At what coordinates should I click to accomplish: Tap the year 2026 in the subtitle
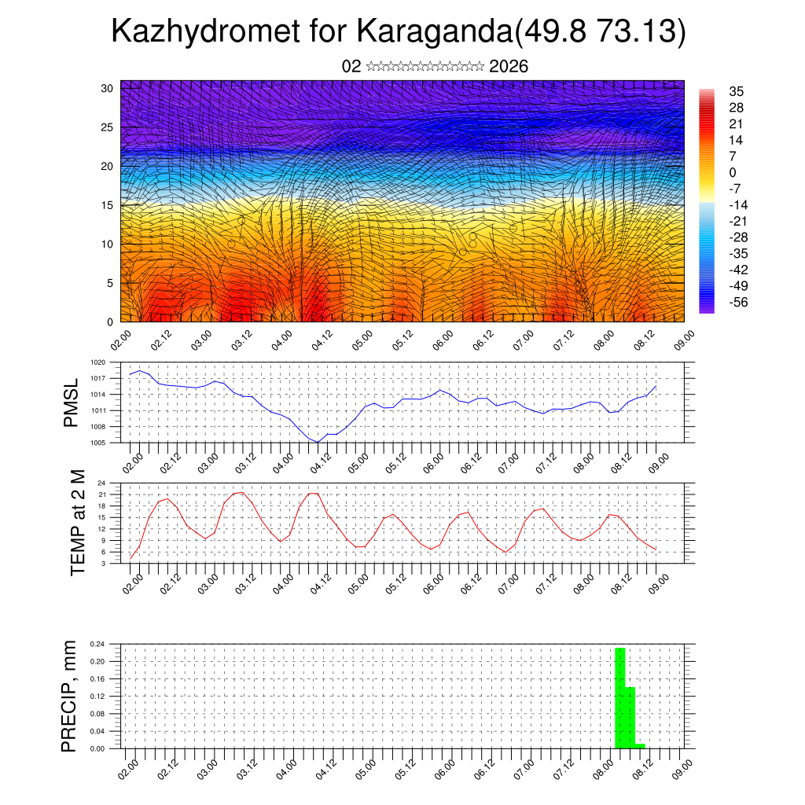509,66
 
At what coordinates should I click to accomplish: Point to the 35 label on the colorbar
737,92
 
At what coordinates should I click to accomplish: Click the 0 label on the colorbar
733,172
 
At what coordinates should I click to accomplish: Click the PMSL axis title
72,402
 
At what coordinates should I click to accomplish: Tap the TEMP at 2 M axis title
78,522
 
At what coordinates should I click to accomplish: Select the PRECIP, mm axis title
71,697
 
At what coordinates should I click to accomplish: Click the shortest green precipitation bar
640,745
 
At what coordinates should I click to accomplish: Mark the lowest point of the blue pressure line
318,443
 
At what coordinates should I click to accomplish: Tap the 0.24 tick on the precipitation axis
97,644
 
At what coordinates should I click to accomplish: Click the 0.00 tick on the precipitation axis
97,749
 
